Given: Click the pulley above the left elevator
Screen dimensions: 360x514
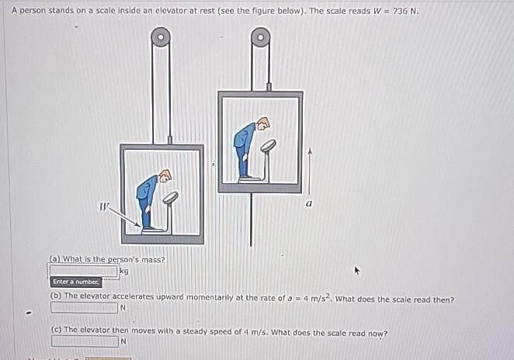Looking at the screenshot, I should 161,36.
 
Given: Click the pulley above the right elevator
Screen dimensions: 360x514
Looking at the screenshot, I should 261,36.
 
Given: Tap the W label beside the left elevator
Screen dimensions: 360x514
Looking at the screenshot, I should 104,206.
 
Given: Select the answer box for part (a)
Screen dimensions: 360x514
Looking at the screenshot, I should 84,271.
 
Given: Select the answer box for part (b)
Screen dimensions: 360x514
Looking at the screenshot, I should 84,307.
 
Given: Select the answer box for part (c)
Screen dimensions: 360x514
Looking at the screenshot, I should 84,341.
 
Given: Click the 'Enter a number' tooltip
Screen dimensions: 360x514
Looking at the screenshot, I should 75,282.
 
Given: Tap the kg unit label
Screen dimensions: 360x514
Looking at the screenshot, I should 123,271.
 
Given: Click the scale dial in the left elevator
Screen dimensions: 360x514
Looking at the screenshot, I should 170,198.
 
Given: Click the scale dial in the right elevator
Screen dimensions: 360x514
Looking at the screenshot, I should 268,145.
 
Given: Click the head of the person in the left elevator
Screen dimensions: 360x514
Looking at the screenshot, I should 165,176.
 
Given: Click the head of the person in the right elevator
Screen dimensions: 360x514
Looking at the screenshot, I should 262,123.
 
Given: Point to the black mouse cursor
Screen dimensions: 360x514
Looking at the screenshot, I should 357,271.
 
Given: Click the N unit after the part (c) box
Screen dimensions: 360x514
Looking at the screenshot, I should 123,341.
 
